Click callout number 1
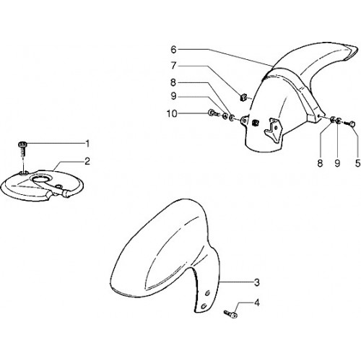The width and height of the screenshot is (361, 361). pyautogui.click(x=87, y=144)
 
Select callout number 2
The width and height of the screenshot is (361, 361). pyautogui.click(x=87, y=161)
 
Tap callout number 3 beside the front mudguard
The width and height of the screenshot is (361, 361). pyautogui.click(x=257, y=282)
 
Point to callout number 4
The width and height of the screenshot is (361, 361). pyautogui.click(x=257, y=303)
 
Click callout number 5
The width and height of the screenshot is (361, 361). pyautogui.click(x=357, y=163)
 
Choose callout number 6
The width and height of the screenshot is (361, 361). pyautogui.click(x=174, y=50)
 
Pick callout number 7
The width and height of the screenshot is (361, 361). pyautogui.click(x=174, y=66)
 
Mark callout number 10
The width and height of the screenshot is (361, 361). pyautogui.click(x=172, y=113)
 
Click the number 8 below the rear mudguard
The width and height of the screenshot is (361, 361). pyautogui.click(x=320, y=163)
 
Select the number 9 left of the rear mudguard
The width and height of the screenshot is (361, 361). pyautogui.click(x=174, y=96)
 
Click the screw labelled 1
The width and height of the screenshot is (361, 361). pyautogui.click(x=22, y=149)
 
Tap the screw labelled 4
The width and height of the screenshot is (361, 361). pyautogui.click(x=230, y=314)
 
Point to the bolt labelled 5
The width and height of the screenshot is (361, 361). pyautogui.click(x=350, y=124)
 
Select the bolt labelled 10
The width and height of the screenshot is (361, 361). pyautogui.click(x=214, y=113)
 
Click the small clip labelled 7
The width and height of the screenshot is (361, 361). pyautogui.click(x=243, y=97)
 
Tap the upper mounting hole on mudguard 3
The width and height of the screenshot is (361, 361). pyautogui.click(x=207, y=292)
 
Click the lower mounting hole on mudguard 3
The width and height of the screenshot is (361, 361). pyautogui.click(x=204, y=306)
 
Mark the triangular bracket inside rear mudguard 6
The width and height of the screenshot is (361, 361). pyautogui.click(x=273, y=129)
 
